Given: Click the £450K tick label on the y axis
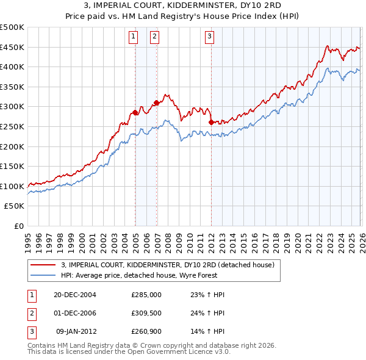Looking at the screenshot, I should [12, 47].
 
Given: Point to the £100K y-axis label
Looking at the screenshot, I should [12, 186].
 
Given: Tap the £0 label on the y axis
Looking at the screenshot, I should [18, 226].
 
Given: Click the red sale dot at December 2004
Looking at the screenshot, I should [135, 112].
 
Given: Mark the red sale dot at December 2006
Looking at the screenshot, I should [156, 103].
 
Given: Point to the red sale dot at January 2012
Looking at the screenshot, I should [211, 122].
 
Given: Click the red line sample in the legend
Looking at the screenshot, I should [42, 265].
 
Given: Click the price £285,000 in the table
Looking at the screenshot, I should [146, 294].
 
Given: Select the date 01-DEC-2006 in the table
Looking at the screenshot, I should [75, 314].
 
